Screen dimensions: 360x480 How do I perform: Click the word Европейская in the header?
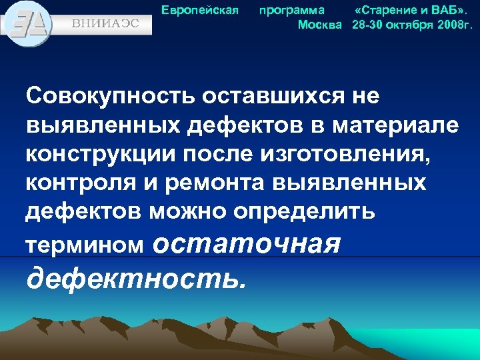tap(201, 11)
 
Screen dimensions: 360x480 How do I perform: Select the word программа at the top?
tap(292, 11)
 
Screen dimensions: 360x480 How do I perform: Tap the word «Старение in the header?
tap(383, 11)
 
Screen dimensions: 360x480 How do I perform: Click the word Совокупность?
tap(109, 97)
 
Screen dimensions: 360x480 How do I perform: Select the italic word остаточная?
tap(246, 243)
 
